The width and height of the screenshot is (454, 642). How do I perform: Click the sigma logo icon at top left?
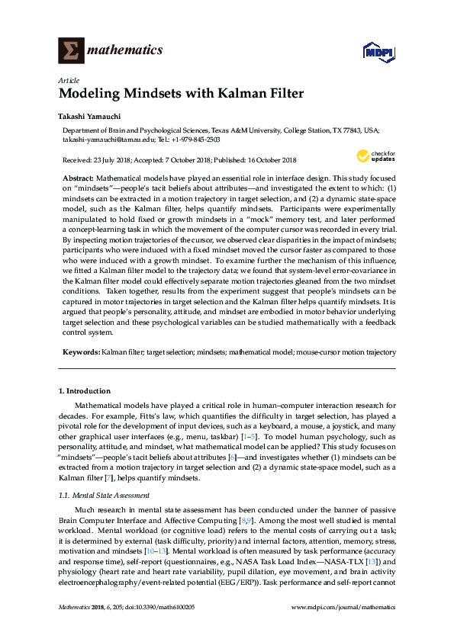click(70, 52)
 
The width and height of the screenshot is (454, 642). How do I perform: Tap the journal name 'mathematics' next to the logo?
click(125, 51)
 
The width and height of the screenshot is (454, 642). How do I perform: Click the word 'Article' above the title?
click(68, 80)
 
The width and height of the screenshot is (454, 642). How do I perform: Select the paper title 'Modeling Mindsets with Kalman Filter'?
click(181, 95)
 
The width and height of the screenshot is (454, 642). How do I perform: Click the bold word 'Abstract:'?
click(78, 177)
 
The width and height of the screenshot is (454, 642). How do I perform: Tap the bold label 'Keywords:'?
click(80, 352)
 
